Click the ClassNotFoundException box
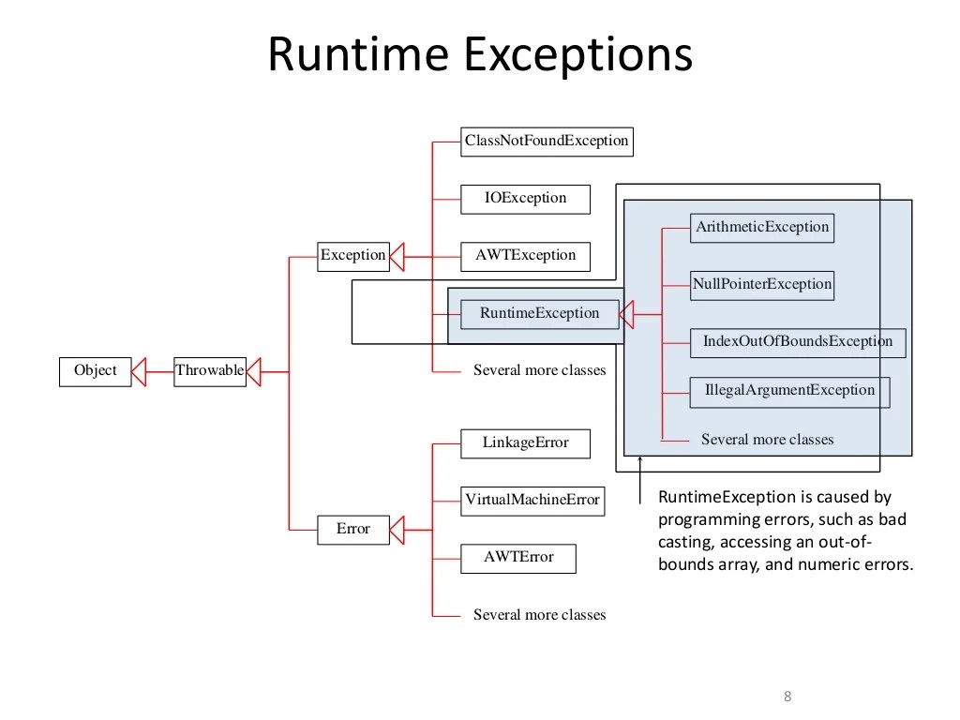(547, 141)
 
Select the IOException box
(525, 198)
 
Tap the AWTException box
(525, 255)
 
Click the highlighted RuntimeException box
(539, 313)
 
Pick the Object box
(95, 370)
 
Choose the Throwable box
(209, 370)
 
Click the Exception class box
(352, 255)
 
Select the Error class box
(352, 529)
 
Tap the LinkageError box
(525, 442)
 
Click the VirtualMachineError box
(532, 500)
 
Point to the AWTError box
(518, 557)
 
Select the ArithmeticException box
(761, 227)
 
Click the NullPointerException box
(761, 284)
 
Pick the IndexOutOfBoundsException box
(797, 341)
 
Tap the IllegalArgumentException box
(789, 391)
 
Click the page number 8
(787, 696)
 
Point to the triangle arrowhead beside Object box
(139, 371)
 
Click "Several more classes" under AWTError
(539, 615)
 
